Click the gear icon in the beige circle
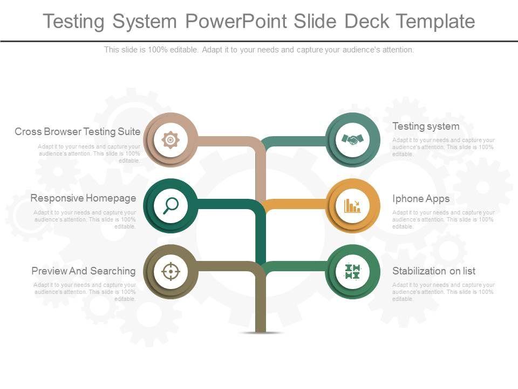pos(171,140)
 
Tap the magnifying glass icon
pos(171,205)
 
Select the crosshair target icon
pos(171,271)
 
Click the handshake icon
pos(353,139)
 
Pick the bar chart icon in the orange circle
pos(353,205)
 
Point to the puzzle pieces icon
pos(352,271)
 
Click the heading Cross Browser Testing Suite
pos(78,131)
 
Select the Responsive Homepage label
pos(83,198)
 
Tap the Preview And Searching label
pos(84,271)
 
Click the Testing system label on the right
pos(426,126)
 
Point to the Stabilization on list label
pos(434,271)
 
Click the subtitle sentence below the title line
pos(259,50)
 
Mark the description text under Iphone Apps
pos(443,219)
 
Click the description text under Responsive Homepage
pos(85,219)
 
